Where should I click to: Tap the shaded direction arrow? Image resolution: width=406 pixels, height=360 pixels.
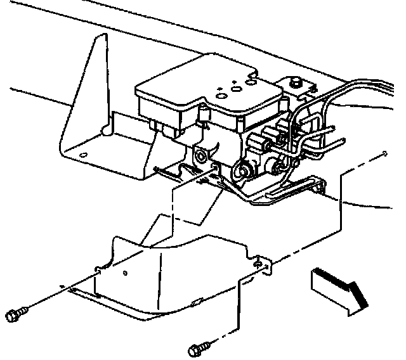click(339, 289)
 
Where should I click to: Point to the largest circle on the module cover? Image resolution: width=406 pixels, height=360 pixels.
click(240, 89)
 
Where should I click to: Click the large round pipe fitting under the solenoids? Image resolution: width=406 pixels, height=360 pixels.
click(242, 170)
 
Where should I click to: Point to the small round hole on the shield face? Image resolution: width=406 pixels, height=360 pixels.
click(126, 273)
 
